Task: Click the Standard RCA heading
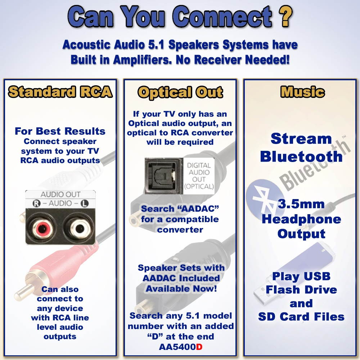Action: pyautogui.click(x=60, y=92)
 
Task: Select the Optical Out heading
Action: pyautogui.click(x=180, y=92)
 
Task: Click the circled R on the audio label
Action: pyautogui.click(x=35, y=203)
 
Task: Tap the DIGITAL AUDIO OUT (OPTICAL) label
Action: pyautogui.click(x=199, y=175)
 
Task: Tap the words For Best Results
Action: pyautogui.click(x=60, y=131)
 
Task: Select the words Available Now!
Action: pyautogui.click(x=181, y=289)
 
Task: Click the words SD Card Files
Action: pyautogui.click(x=301, y=317)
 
